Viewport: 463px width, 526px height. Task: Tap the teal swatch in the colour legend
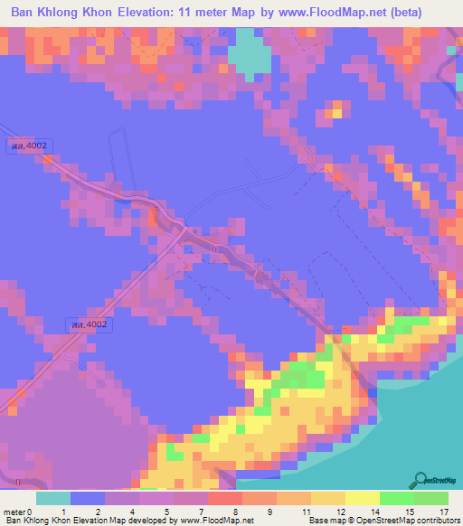tap(53, 497)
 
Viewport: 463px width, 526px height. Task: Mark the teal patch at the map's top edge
tap(250, 50)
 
